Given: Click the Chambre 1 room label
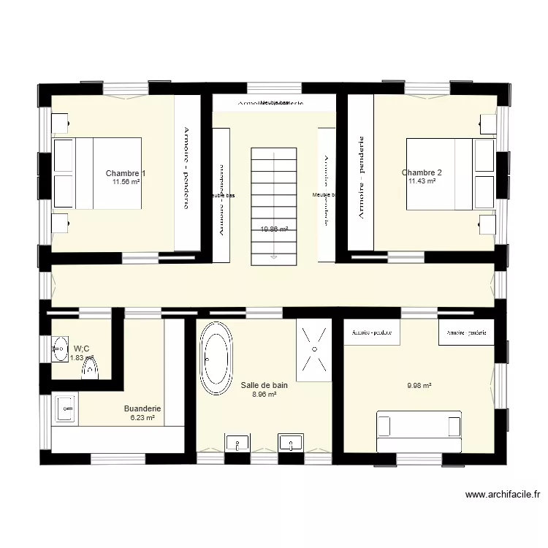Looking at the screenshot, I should [x=125, y=173].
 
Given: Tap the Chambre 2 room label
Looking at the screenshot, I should [x=422, y=172].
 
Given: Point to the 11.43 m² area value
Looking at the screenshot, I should [x=422, y=181].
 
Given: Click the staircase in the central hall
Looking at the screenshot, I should [x=274, y=204].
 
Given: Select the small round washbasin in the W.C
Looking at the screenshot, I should [x=59, y=349].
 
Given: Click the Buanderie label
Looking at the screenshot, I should [x=142, y=408].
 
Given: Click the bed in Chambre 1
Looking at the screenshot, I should [x=97, y=173].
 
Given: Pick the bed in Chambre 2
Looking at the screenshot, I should [x=449, y=173].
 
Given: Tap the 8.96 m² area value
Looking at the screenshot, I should [x=264, y=394].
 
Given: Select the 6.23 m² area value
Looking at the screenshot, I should [x=142, y=418].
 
